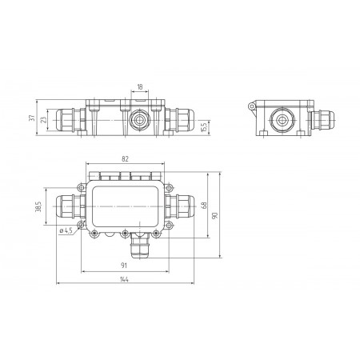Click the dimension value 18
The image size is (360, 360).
[x=140, y=86]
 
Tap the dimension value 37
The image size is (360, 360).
[x=32, y=118]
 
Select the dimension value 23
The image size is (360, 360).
[x=43, y=120]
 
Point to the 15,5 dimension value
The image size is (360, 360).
[x=204, y=127]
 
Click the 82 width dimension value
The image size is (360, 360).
[x=125, y=159]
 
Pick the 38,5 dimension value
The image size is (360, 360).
[x=38, y=206]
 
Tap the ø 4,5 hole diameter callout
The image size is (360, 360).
[x=66, y=230]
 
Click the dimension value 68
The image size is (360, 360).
[x=204, y=205]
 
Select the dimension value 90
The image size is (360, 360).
[x=215, y=215]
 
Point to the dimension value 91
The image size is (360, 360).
[x=124, y=266]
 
